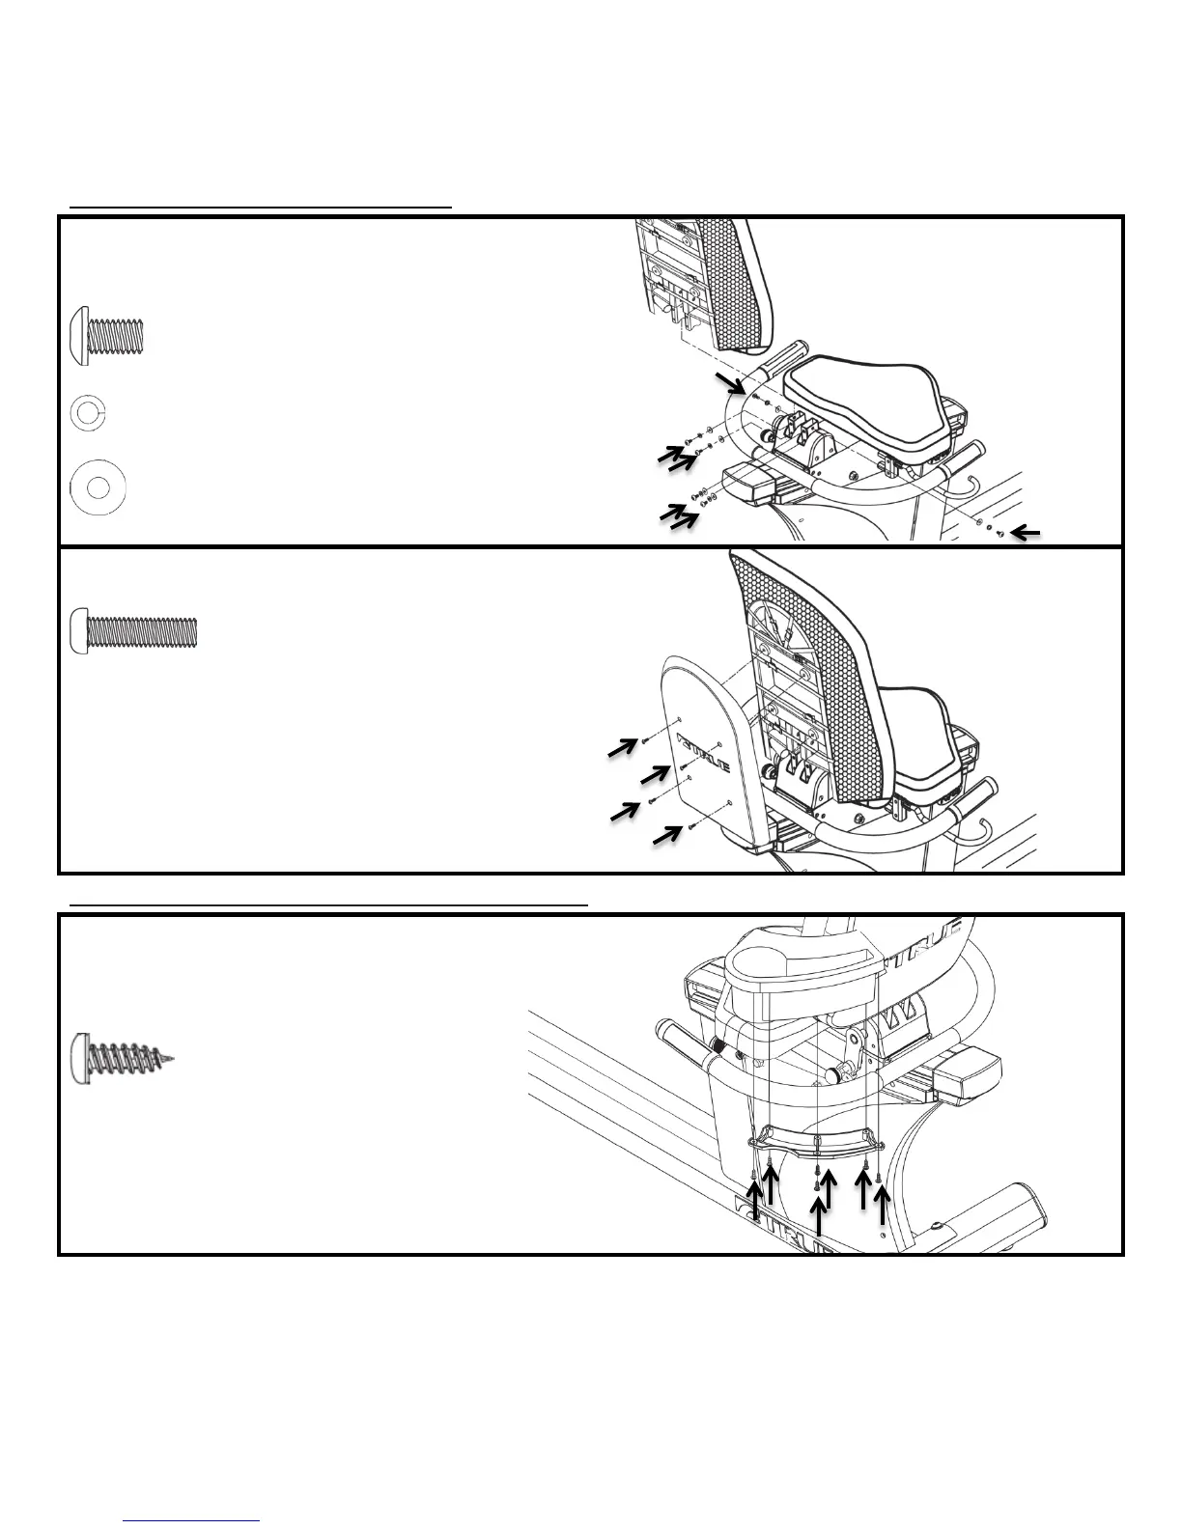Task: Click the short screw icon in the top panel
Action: coord(108,334)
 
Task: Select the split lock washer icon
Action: coord(88,414)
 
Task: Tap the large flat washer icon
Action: coord(98,488)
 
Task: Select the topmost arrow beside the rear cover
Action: coord(623,746)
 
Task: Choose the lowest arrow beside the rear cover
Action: coord(664,834)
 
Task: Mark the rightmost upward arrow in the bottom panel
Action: coord(881,1203)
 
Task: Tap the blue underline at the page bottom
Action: coord(192,1520)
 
